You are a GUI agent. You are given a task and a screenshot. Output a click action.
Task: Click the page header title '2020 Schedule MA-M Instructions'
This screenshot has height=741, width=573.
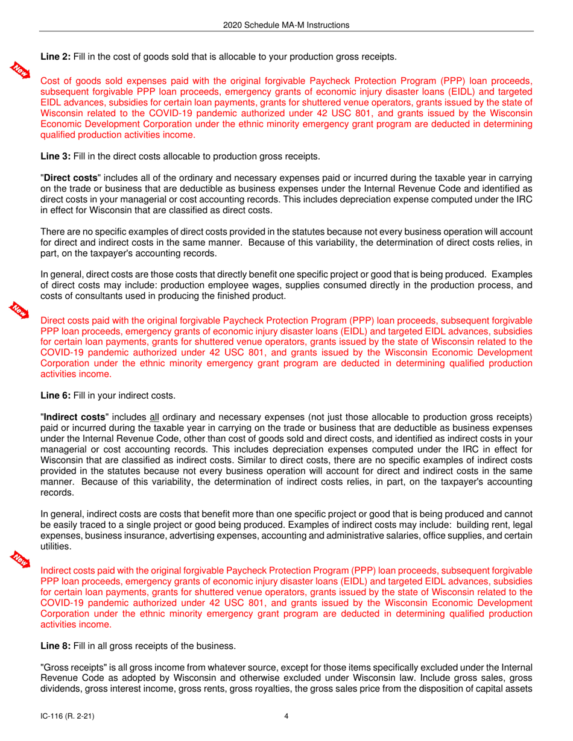(x=286, y=25)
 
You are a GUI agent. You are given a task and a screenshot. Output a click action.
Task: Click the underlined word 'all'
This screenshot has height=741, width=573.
(x=154, y=417)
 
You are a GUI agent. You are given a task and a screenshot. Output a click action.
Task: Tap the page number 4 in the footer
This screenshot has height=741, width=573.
(x=286, y=717)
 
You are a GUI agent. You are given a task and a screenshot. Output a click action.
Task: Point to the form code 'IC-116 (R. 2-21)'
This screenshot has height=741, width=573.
(x=66, y=717)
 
